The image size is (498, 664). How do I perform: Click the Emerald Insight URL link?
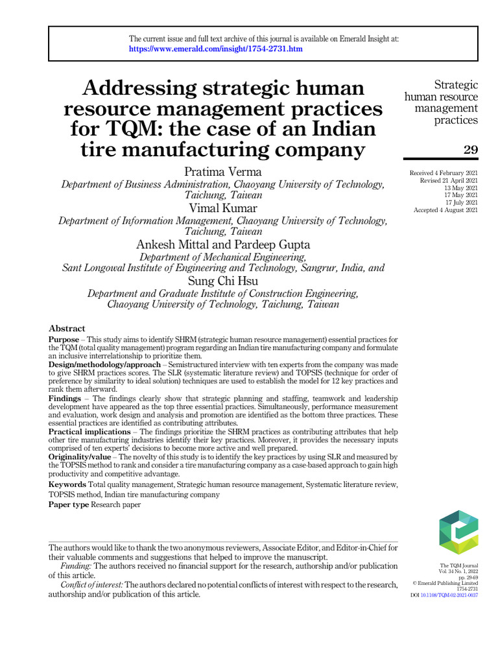pos(215,49)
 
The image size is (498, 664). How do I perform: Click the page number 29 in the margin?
pos(471,150)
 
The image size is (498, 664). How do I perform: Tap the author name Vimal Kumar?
pos(222,207)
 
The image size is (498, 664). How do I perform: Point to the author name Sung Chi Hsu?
pos(222,281)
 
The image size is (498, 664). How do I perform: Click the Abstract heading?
pos(67,328)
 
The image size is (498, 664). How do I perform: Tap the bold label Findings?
pos(65,398)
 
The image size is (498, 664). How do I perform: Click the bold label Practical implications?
pos(90,432)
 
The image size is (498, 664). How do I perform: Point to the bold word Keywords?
pos(67,484)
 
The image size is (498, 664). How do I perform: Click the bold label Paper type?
pos(69,504)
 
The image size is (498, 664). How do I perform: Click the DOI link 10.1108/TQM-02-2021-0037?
pos(449,595)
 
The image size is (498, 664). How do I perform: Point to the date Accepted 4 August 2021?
pos(445,209)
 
